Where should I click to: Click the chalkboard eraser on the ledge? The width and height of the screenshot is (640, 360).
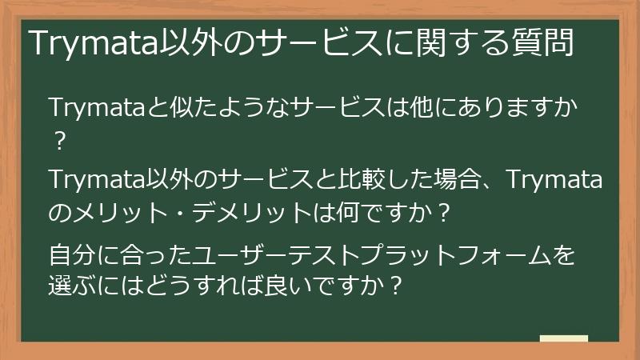[564, 338]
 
